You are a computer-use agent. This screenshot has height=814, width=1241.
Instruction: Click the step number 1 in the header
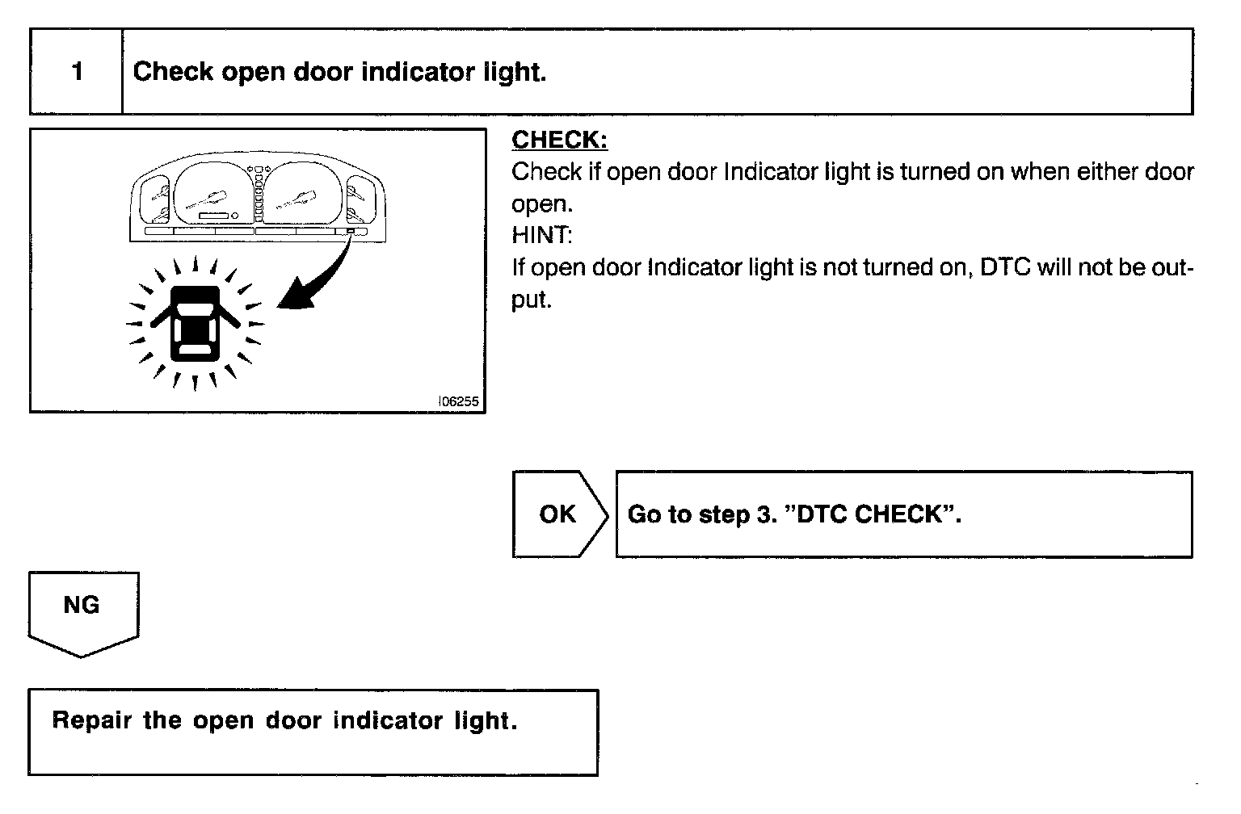click(77, 72)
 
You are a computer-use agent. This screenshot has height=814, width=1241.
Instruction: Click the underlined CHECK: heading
click(559, 140)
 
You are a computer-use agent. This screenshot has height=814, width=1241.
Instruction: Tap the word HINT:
click(541, 235)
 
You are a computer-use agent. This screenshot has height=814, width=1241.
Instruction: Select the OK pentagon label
click(557, 514)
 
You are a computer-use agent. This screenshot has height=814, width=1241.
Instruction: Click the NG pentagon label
click(81, 605)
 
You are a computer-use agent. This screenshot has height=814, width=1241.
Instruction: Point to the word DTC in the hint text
click(1004, 267)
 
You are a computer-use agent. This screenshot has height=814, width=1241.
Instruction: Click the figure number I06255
click(458, 401)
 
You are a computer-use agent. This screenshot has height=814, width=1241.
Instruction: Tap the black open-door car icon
click(195, 322)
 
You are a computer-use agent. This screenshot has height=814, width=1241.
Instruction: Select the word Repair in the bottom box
click(91, 720)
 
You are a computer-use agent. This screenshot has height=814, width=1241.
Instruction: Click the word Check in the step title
click(173, 72)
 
